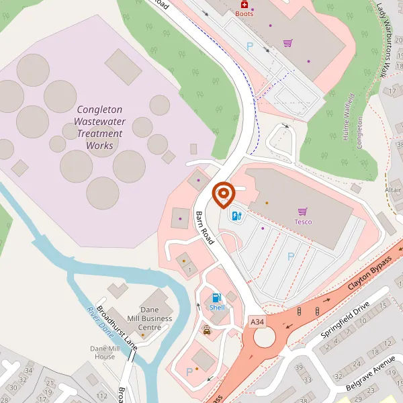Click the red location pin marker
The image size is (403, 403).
pos(223,194)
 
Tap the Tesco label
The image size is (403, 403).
pos(303,222)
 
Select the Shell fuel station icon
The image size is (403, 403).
pos(216,297)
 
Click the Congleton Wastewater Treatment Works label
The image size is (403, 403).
pos(99,127)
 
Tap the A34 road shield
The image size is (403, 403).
pos(256,322)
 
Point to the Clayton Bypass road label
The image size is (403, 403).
pos(369,273)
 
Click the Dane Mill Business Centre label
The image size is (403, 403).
pos(155,318)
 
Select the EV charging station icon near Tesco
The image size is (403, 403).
pos(236,216)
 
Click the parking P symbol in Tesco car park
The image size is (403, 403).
pos(291,256)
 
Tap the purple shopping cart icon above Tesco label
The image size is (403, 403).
pos(302,211)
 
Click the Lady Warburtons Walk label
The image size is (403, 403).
pos(388,40)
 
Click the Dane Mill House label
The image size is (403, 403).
pos(104,353)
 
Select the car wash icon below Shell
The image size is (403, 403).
pos(207,330)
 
